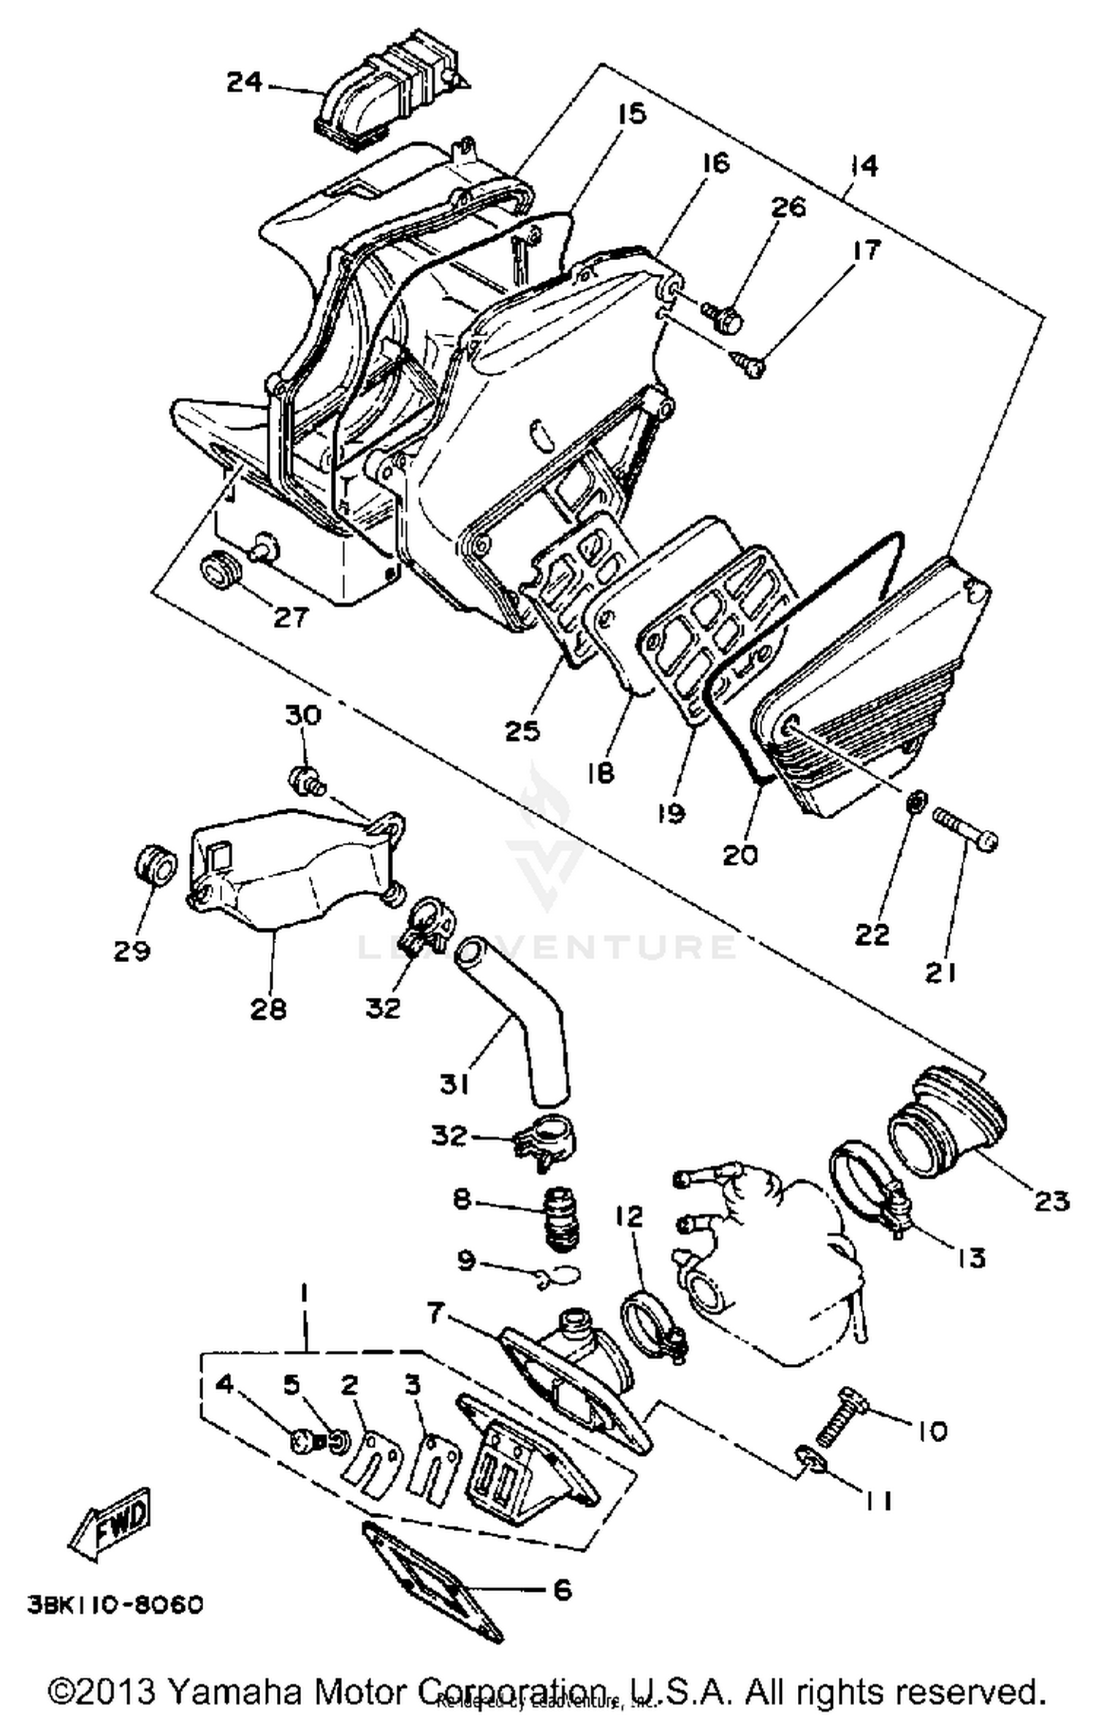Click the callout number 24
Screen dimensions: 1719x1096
pyautogui.click(x=244, y=82)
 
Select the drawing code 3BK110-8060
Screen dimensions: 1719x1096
pyautogui.click(x=115, y=1605)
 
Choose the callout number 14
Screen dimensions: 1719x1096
pyautogui.click(x=864, y=166)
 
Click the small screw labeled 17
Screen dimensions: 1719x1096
pyautogui.click(x=747, y=363)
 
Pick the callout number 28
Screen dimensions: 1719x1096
pyautogui.click(x=268, y=1009)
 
